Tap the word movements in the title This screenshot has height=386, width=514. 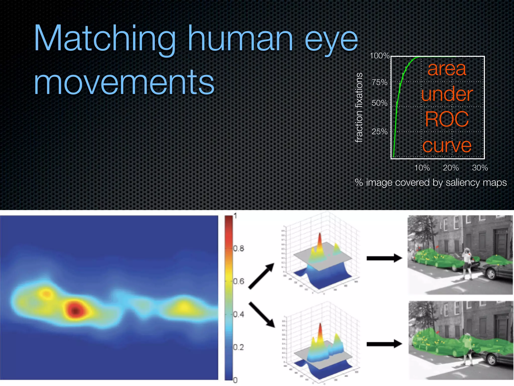tap(124, 82)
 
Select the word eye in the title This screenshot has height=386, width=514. tap(331, 40)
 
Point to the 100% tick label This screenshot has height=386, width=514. tap(379, 56)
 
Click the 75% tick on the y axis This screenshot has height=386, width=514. tap(379, 82)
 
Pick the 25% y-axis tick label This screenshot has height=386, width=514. tap(379, 131)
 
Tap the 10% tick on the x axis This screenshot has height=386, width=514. tap(422, 168)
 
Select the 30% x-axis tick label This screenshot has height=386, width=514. tap(480, 168)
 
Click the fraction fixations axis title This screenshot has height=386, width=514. tap(359, 108)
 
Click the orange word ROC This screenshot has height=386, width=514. tap(447, 119)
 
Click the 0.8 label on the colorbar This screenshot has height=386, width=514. tap(238, 249)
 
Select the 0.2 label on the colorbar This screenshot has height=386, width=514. tap(238, 347)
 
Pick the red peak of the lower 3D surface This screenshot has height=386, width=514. tap(320, 329)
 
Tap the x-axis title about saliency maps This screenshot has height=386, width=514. tap(431, 182)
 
